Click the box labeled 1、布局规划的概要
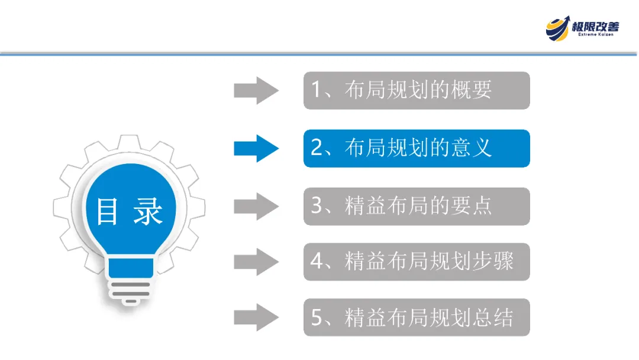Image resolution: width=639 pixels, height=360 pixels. click(x=417, y=91)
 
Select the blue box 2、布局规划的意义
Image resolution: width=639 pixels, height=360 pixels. click(x=417, y=148)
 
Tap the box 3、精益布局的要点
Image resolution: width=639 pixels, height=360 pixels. click(x=417, y=206)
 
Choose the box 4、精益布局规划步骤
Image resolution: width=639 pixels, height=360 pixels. click(x=417, y=262)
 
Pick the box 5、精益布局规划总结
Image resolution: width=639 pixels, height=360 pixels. click(x=417, y=318)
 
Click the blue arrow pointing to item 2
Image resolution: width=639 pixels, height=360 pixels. click(x=256, y=148)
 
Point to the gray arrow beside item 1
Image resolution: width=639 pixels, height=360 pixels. click(x=256, y=91)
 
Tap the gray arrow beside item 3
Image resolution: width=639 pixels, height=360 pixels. click(x=256, y=206)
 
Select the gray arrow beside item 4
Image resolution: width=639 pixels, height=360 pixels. click(x=256, y=262)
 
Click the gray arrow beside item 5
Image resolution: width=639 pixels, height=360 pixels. click(x=256, y=318)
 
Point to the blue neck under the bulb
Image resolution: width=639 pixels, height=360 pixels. click(x=128, y=266)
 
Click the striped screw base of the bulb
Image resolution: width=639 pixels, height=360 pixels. click(x=128, y=290)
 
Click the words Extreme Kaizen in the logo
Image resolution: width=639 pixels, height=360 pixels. click(x=596, y=35)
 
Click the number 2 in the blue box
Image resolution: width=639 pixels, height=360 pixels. click(x=317, y=148)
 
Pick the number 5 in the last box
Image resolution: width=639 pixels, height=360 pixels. click(x=317, y=319)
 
